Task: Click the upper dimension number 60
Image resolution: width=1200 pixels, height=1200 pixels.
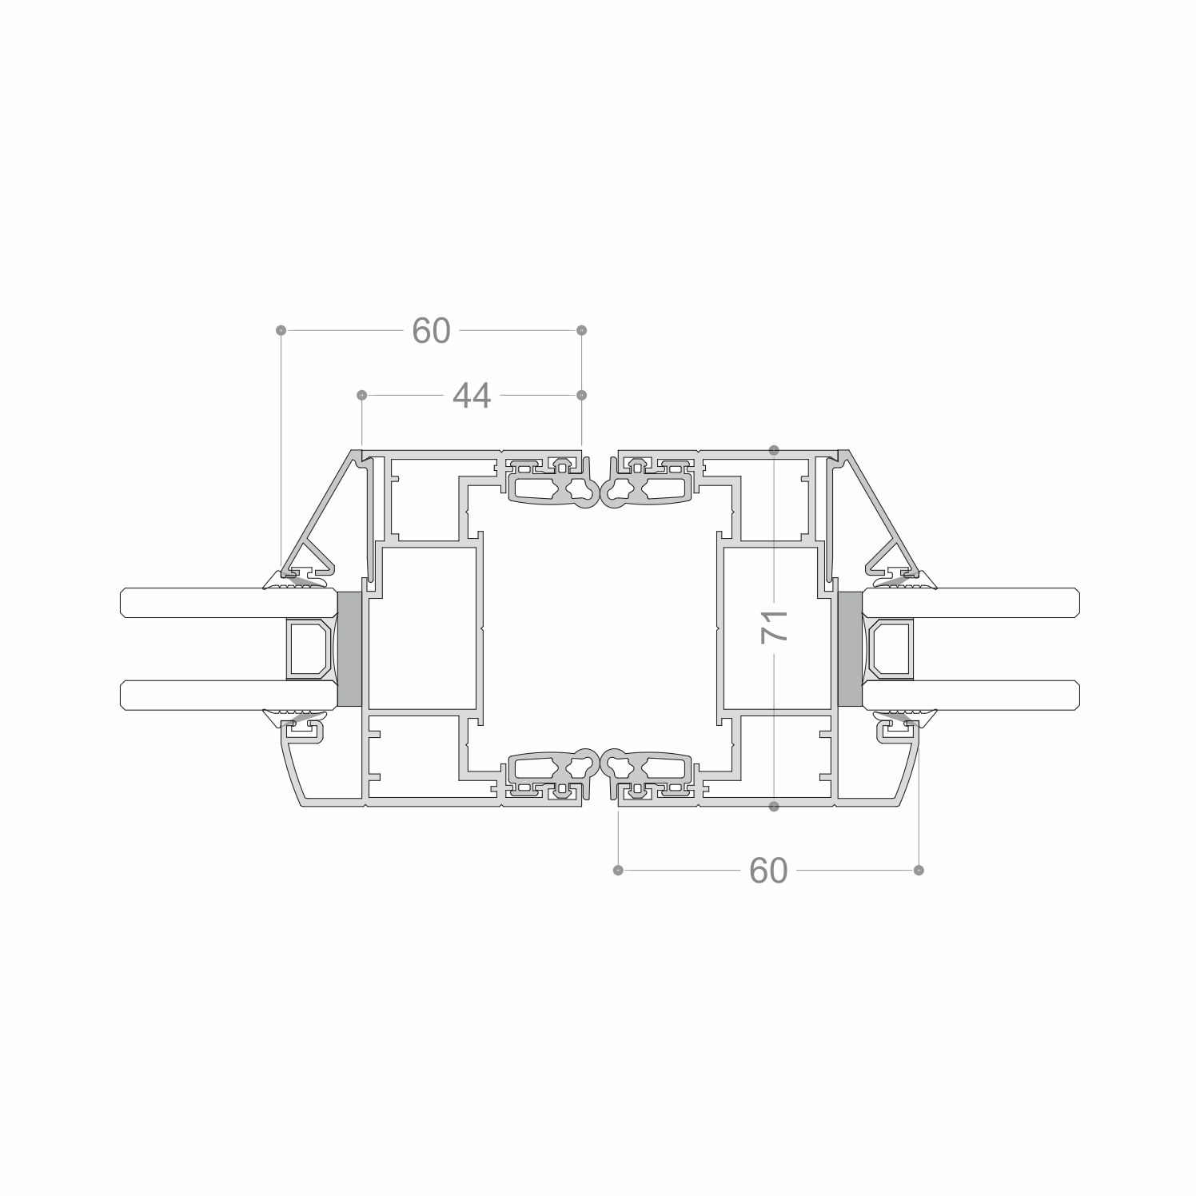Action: tap(431, 330)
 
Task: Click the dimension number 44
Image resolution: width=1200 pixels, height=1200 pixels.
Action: tap(472, 395)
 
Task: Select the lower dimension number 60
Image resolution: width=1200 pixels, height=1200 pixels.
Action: tap(768, 870)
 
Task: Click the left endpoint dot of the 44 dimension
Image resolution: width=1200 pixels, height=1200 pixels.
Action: tap(361, 395)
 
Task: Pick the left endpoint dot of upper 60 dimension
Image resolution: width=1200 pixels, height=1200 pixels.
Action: tap(281, 330)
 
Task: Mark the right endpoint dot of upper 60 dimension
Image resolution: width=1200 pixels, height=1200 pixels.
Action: tap(581, 330)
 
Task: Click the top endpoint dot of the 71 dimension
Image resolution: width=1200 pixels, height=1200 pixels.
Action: tap(774, 451)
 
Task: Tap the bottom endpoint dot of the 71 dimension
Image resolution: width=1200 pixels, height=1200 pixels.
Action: tap(774, 807)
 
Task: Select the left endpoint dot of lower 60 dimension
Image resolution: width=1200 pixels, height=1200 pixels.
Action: tap(617, 870)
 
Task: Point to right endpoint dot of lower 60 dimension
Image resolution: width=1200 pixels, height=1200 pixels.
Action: tap(919, 870)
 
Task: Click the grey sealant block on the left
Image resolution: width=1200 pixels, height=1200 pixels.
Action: tap(349, 648)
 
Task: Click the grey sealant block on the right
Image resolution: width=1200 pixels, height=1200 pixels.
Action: tap(849, 648)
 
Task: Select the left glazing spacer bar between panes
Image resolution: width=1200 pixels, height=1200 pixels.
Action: tap(309, 648)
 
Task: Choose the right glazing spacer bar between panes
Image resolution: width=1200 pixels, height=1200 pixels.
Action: tap(891, 648)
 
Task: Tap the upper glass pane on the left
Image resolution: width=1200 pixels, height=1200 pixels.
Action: tap(200, 603)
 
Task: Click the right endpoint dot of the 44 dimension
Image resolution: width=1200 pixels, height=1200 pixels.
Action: tap(581, 395)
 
